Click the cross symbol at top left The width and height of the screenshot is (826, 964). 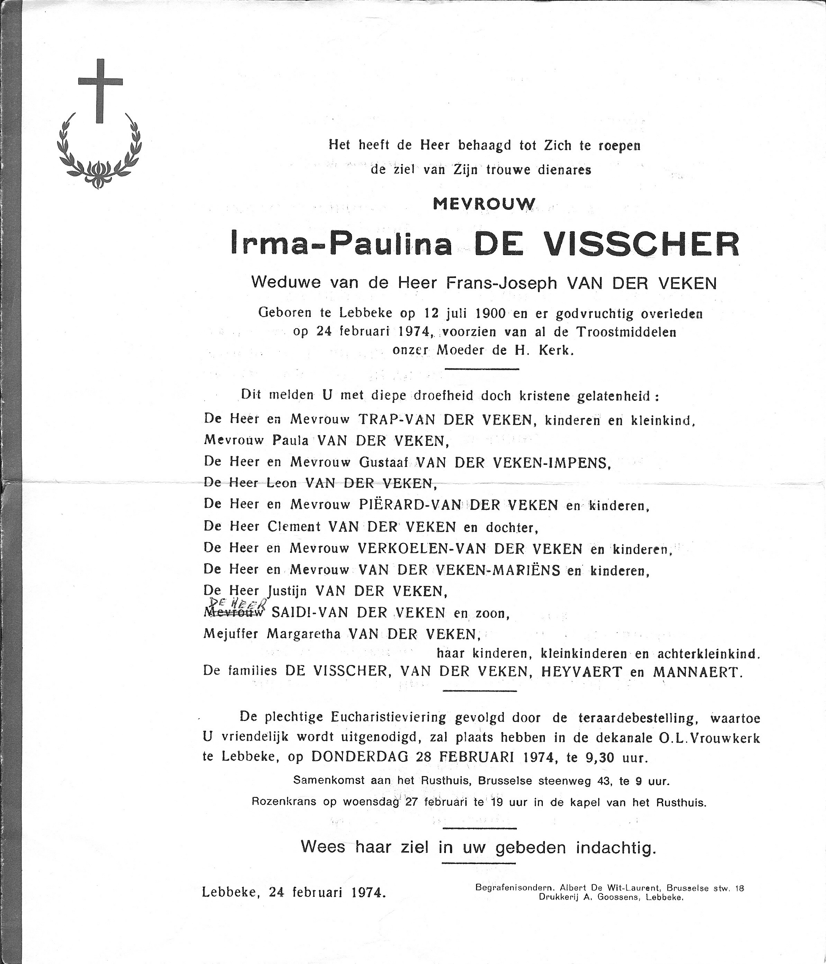click(100, 91)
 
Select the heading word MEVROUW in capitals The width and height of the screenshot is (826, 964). click(484, 204)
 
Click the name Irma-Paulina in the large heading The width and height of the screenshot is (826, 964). click(341, 244)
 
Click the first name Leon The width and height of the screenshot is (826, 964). click(281, 484)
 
